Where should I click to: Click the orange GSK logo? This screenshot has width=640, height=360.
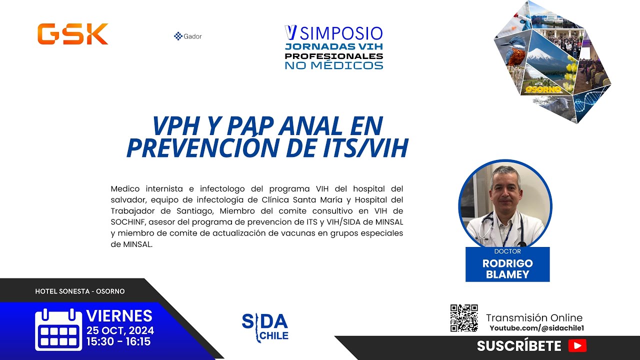click(72, 34)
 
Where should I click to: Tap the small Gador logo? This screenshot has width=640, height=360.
click(188, 36)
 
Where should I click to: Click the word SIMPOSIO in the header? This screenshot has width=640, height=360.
click(341, 33)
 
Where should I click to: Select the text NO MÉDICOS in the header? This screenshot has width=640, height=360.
click(334, 65)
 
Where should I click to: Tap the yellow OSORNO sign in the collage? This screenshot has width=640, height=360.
click(543, 89)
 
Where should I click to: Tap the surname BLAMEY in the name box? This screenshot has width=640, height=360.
click(507, 274)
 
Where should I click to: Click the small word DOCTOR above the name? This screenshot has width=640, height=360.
click(507, 251)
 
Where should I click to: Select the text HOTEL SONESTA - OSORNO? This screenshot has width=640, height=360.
click(80, 291)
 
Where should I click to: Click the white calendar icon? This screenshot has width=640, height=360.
click(58, 329)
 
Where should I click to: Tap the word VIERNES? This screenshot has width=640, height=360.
click(119, 316)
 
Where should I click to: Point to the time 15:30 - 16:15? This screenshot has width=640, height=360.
click(118, 342)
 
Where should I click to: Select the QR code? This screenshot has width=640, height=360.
click(464, 318)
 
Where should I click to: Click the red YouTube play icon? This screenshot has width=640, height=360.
click(577, 345)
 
